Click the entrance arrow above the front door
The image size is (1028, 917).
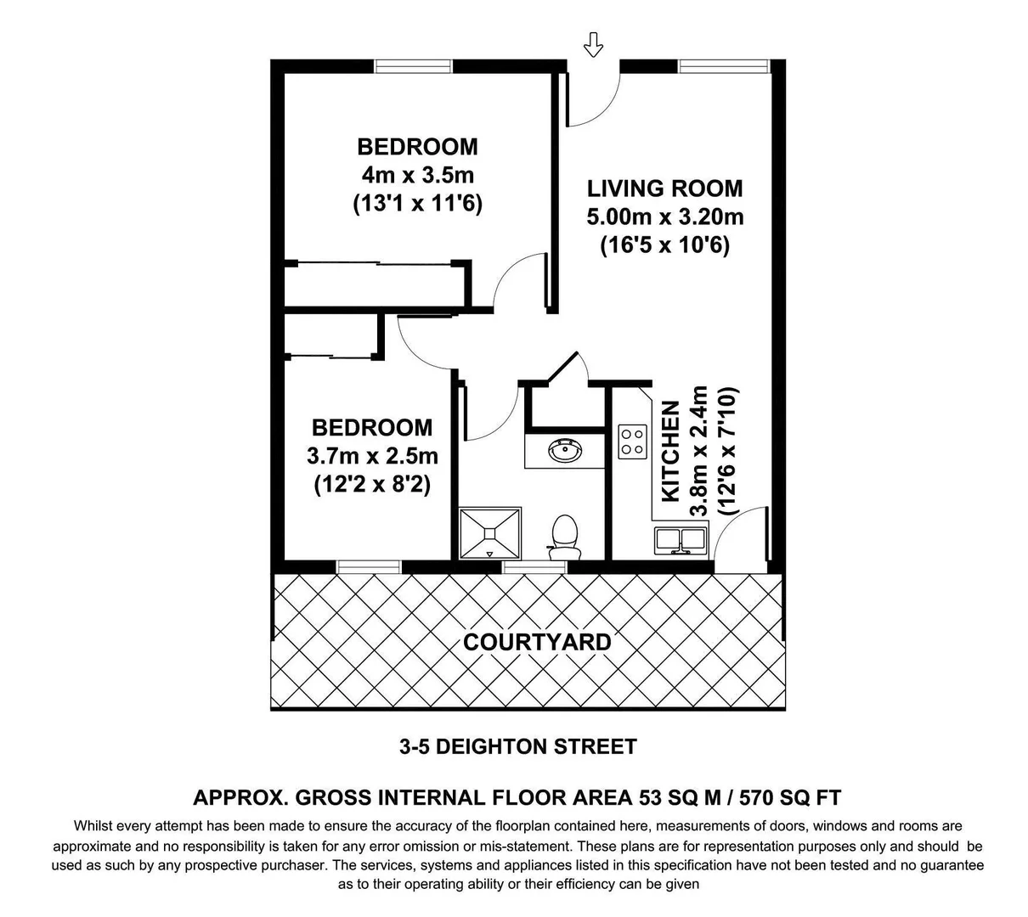pos(593,45)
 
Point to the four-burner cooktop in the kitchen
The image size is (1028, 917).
pos(632,440)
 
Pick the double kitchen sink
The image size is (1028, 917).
pos(681,540)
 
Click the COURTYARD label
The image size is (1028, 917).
pos(536,642)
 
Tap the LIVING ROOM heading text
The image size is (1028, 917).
pos(664,188)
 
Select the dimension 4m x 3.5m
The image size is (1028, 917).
pos(417,176)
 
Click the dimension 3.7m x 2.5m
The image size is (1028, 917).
pos(372,456)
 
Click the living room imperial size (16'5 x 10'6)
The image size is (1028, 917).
pos(664,246)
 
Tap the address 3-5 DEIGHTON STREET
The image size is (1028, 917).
pos(518,747)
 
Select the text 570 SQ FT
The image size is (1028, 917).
pos(790,798)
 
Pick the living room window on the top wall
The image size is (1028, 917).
pos(723,65)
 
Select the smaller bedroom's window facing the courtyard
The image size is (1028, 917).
pos(368,566)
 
